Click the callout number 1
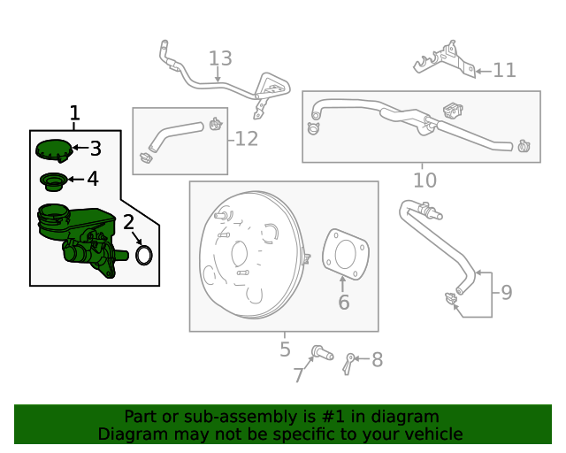tap(75, 113)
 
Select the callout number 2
tap(128, 222)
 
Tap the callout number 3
tap(95, 149)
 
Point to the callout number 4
tap(92, 180)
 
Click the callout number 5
tap(285, 349)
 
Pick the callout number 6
tap(343, 303)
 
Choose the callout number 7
tap(298, 376)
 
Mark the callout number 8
tap(377, 360)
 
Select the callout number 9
tap(506, 292)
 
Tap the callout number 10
tap(424, 180)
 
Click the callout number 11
tap(504, 70)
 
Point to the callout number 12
tap(247, 139)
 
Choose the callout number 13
tap(220, 59)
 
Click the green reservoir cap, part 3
tap(54, 150)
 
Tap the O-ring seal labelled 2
tap(144, 256)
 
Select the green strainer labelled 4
tap(53, 181)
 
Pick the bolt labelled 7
tap(322, 355)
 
